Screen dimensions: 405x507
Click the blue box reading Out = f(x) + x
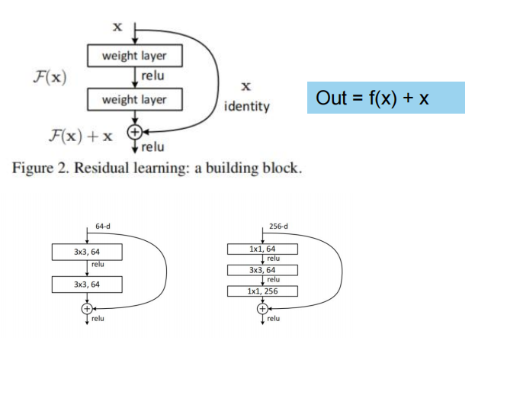point(386,98)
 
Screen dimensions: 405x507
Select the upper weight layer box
point(134,56)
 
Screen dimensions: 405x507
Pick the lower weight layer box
point(134,100)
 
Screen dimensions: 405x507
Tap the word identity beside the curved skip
point(247,106)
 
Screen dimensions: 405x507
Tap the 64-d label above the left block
point(103,227)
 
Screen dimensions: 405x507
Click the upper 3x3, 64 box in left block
point(87,251)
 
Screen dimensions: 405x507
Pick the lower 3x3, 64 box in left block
point(87,284)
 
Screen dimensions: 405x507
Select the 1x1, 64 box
point(262,249)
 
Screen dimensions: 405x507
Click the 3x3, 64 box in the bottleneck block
point(262,269)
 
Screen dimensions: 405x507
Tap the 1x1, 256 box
point(262,291)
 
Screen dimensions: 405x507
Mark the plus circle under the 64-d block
point(87,308)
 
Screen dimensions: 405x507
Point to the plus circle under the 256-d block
point(262,309)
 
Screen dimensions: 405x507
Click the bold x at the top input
point(117,27)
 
